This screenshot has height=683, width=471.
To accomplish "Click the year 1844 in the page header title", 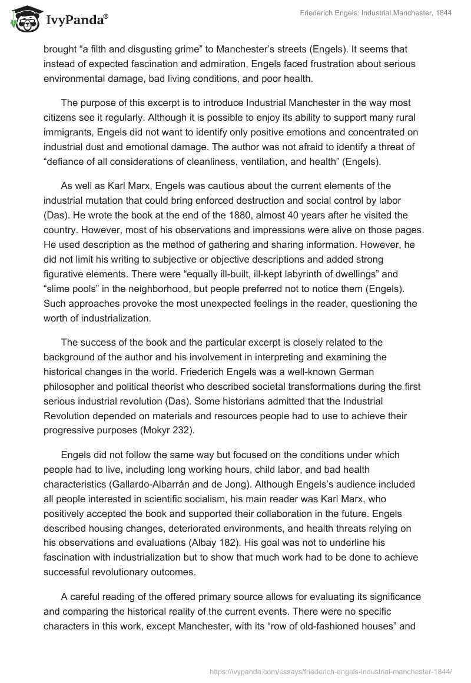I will (442, 14).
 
